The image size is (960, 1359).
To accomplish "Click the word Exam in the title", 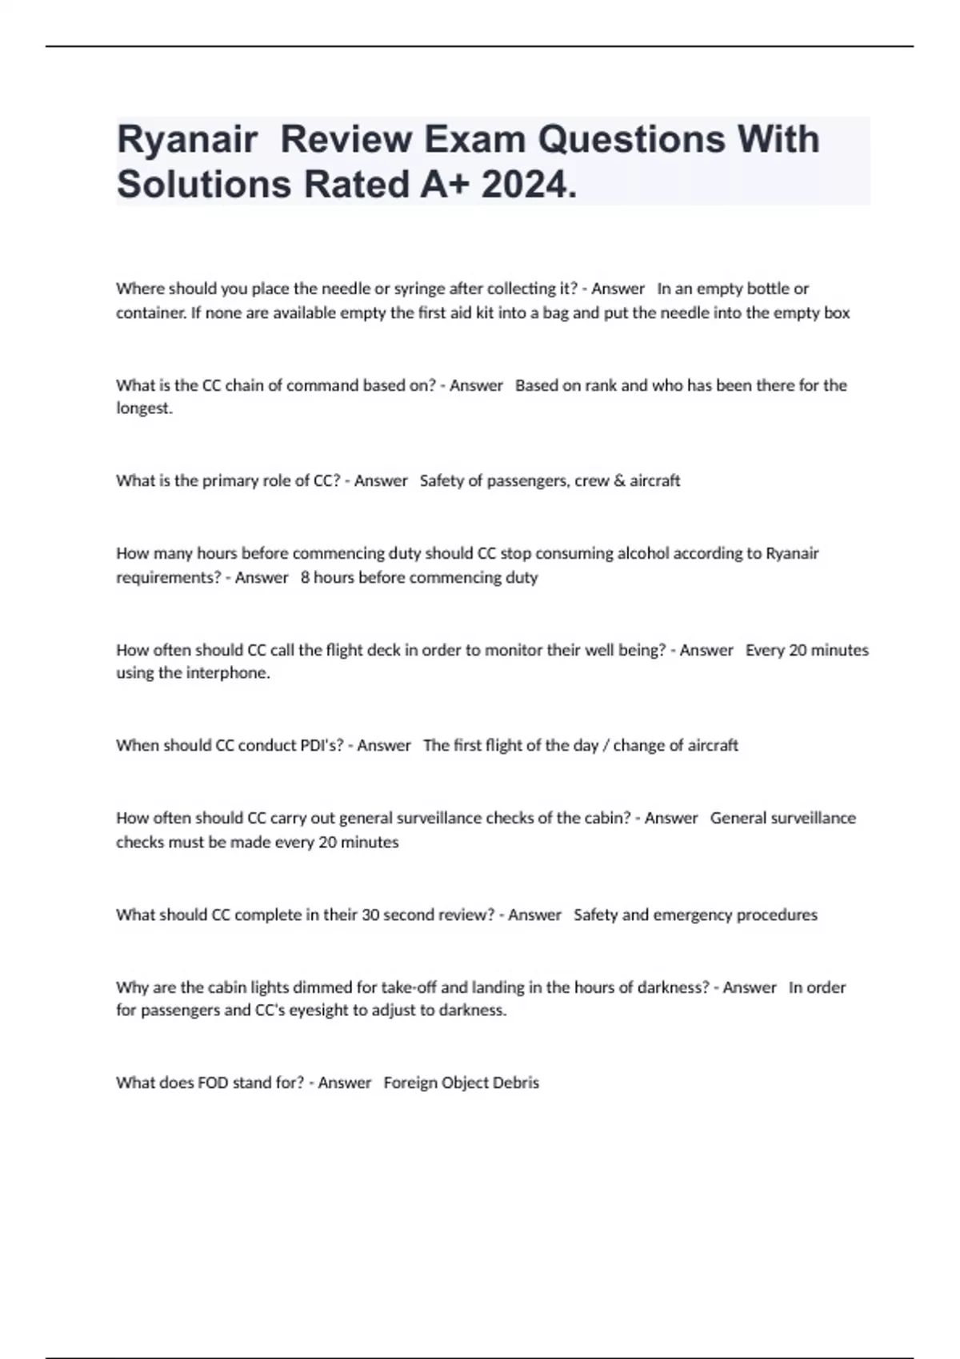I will pos(474,141).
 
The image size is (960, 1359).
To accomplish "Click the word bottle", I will pos(768,289).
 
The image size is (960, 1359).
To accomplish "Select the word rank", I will pos(601,385).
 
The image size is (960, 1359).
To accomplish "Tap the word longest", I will pos(144,408).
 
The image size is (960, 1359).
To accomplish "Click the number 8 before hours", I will pos(305,577).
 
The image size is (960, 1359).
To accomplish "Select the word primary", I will pos(231,481).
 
